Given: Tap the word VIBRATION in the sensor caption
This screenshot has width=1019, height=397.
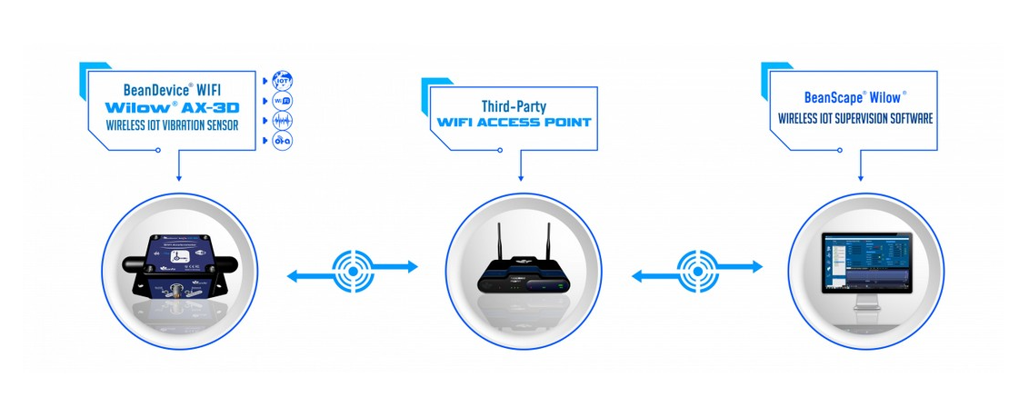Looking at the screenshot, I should point(189,125).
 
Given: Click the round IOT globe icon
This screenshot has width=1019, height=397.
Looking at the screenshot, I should point(283,80).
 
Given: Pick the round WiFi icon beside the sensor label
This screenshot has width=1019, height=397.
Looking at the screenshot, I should point(283,101).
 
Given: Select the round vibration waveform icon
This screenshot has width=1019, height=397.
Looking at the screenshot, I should point(283,121).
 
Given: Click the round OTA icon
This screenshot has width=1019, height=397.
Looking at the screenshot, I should point(283,142).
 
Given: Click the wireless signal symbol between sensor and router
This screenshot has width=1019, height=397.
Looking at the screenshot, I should point(352,267).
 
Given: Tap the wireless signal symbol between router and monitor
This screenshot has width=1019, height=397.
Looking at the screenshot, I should point(697,267).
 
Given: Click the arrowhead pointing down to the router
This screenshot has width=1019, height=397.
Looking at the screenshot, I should point(519,177).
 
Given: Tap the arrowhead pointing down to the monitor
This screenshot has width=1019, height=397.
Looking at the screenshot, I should point(860,177).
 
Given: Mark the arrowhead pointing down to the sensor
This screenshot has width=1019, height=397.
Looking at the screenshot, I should point(179,177).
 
